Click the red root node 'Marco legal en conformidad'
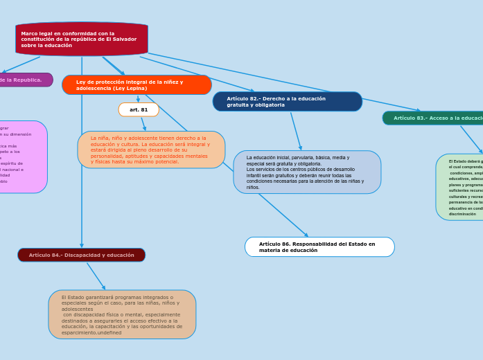(x=82, y=39)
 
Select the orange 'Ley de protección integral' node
(x=137, y=85)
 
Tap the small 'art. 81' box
(x=139, y=109)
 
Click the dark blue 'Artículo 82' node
(x=287, y=102)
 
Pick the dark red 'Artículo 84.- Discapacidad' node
(x=82, y=255)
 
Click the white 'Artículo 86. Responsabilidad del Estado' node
(x=319, y=247)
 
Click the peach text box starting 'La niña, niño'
(x=151, y=150)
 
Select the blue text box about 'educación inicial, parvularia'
(x=307, y=172)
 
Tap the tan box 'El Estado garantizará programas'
(x=122, y=314)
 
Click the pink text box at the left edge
(x=21, y=157)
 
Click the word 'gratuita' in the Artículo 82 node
(x=238, y=105)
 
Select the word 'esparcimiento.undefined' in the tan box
(x=91, y=332)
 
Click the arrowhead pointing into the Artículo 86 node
(x=306, y=235)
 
